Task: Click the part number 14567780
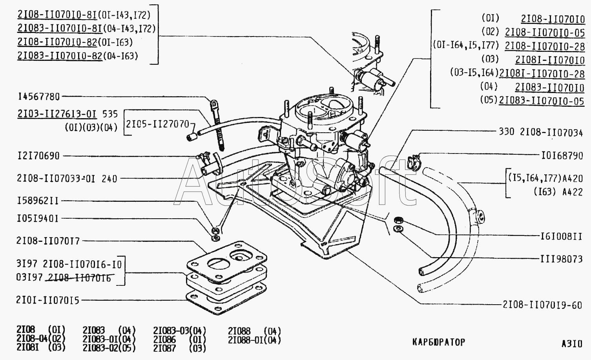point(38,97)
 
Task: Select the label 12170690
point(38,156)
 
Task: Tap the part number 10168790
point(562,156)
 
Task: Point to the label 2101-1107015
point(48,300)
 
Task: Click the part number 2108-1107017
point(48,241)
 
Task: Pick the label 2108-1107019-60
point(542,305)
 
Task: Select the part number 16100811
point(562,236)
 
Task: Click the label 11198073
point(562,259)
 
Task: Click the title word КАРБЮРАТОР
point(439,342)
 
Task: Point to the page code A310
point(572,344)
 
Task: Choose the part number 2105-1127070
point(157,124)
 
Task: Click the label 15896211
point(38,201)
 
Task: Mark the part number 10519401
point(38,219)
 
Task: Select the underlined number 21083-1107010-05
point(542,101)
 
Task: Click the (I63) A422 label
point(558,192)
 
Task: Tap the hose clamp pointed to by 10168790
point(413,162)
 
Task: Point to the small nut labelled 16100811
point(398,220)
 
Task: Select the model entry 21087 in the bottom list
point(164,348)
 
